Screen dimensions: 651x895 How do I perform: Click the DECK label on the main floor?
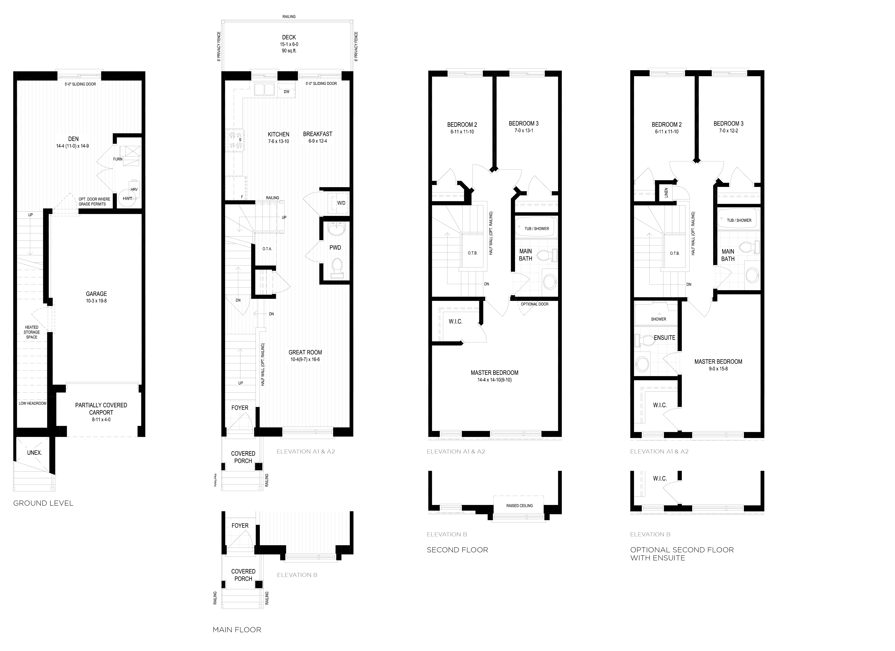[289, 38]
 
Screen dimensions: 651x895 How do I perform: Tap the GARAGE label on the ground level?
[96, 294]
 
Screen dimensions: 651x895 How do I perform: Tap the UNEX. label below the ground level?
[34, 453]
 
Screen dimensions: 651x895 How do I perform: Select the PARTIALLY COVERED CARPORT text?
[101, 409]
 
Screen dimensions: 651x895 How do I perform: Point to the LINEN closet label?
[666, 193]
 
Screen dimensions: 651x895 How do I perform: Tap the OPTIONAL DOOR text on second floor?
[534, 304]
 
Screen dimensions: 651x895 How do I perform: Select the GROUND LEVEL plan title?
[43, 503]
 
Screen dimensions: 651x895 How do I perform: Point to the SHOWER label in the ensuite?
[658, 319]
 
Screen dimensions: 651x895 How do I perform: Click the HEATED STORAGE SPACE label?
[32, 332]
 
